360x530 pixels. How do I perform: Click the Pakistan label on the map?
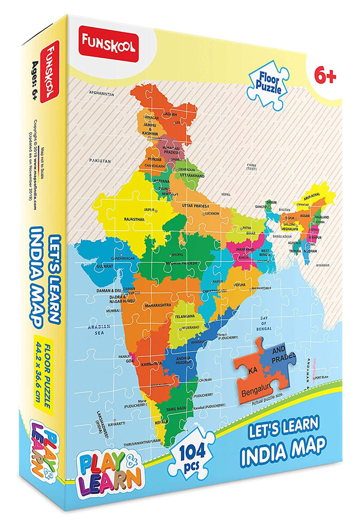(x=100, y=160)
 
